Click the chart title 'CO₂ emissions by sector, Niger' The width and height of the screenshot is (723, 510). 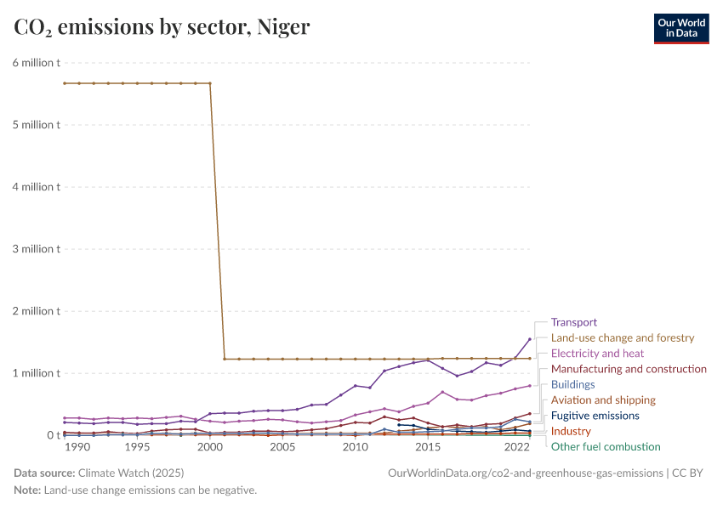(x=162, y=28)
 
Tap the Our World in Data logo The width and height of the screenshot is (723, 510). (x=680, y=28)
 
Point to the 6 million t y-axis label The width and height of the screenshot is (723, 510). (x=36, y=63)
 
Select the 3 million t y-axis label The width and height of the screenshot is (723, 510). (x=36, y=249)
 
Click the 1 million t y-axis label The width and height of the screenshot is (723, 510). (x=36, y=373)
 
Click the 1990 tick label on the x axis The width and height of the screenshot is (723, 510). (x=77, y=447)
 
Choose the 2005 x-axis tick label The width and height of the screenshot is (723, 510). (x=283, y=447)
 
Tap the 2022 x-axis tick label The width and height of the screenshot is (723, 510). (x=517, y=447)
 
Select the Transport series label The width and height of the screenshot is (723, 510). (x=574, y=322)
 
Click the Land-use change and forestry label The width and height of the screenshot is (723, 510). (x=623, y=337)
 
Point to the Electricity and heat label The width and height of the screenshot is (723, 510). (x=597, y=353)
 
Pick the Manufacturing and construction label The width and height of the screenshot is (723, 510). (x=629, y=369)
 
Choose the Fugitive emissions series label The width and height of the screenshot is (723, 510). (x=595, y=416)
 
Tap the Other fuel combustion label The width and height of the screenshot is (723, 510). (x=606, y=446)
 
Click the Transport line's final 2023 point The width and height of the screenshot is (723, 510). (x=530, y=339)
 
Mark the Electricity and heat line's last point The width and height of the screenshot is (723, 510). (x=530, y=385)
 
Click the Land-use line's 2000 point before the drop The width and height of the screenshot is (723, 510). (x=210, y=83)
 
